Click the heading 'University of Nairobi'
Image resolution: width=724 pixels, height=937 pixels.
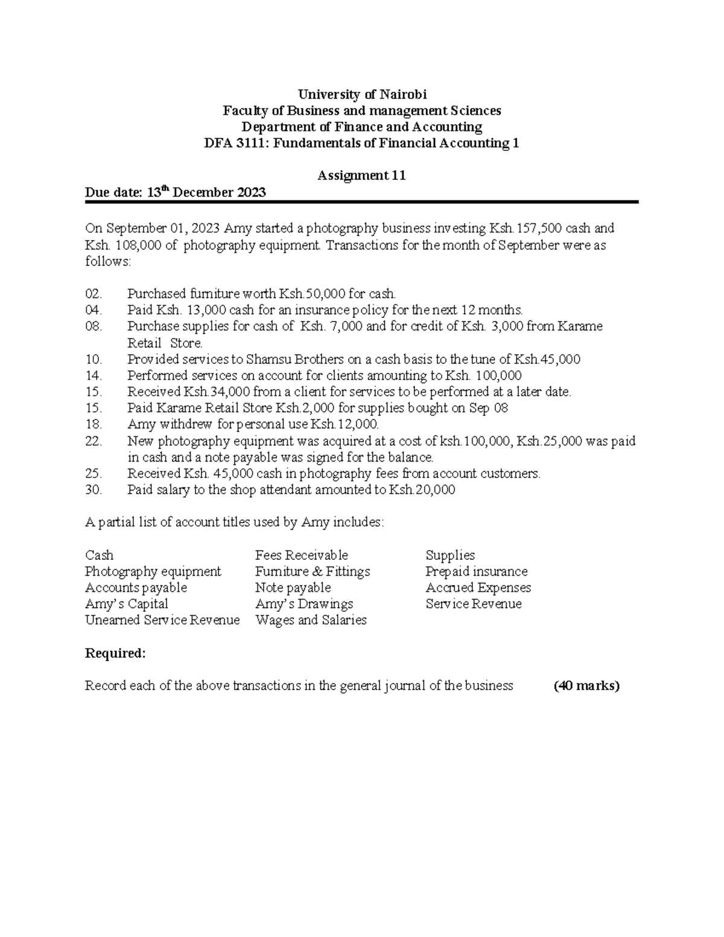point(362,94)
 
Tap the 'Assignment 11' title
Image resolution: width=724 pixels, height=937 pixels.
point(361,176)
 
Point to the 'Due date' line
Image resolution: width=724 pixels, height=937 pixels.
point(175,192)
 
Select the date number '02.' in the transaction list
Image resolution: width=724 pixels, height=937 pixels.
point(94,294)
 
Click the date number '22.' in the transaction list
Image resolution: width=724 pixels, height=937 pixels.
point(94,441)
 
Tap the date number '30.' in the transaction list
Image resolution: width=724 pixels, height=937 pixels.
point(94,490)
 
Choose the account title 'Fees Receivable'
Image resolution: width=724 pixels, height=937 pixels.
point(302,555)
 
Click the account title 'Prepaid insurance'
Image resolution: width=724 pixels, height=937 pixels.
point(476,571)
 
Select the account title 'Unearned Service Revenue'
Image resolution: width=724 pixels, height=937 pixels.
point(162,620)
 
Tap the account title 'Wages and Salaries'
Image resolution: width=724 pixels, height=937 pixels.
point(311,620)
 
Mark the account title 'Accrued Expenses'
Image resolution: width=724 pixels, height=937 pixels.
point(478,588)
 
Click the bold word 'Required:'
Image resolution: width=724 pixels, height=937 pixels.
point(115,653)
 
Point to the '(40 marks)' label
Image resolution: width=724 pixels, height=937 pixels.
point(586,686)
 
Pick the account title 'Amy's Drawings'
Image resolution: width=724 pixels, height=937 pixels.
point(304,604)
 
